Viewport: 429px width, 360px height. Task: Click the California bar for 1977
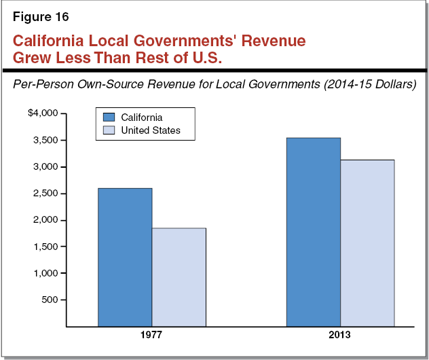point(125,257)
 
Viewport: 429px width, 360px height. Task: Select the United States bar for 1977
point(179,277)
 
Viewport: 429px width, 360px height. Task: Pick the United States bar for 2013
point(367,243)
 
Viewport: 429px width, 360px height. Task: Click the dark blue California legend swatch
point(107,118)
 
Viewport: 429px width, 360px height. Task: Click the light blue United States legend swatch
point(107,130)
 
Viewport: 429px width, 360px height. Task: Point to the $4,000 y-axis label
point(43,113)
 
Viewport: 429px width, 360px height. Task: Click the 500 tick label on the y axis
point(52,300)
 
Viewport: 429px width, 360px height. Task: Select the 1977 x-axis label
point(152,336)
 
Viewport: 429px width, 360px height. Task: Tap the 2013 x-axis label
point(340,336)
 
